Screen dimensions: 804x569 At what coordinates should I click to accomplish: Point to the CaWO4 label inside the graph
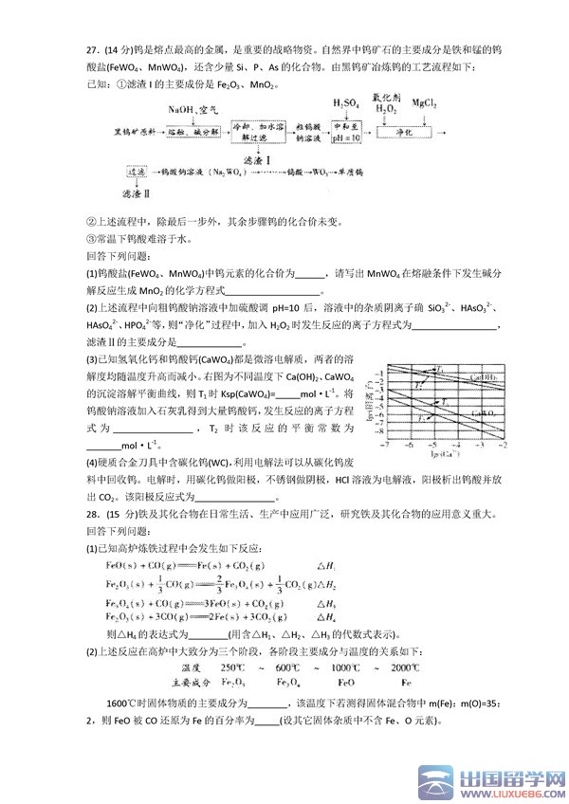coord(487,413)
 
